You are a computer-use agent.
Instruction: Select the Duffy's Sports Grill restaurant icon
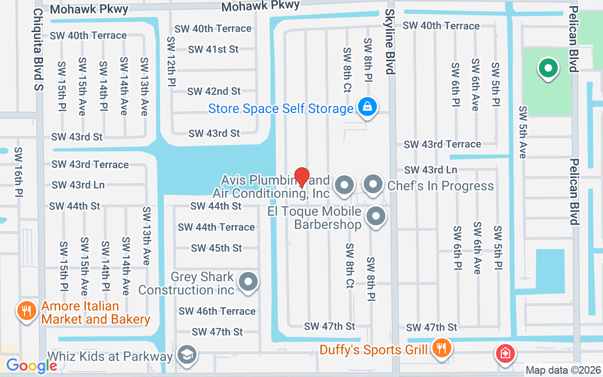pyautogui.click(x=441, y=349)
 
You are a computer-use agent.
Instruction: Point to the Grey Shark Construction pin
pyautogui.click(x=248, y=282)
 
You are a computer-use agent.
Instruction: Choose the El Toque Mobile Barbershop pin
pyautogui.click(x=375, y=217)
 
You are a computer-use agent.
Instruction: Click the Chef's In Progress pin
pyautogui.click(x=374, y=184)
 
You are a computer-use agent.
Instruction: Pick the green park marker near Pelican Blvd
pyautogui.click(x=548, y=69)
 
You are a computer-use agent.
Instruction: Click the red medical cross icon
pyautogui.click(x=505, y=353)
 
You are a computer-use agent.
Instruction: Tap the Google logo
pyautogui.click(x=32, y=365)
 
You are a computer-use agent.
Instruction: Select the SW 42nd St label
pyautogui.click(x=214, y=91)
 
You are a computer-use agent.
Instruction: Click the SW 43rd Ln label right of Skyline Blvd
pyautogui.click(x=431, y=170)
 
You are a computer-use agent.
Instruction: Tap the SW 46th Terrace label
pyautogui.click(x=217, y=311)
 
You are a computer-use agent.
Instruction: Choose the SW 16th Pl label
pyautogui.click(x=19, y=172)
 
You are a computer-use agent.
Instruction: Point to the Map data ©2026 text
pyautogui.click(x=563, y=370)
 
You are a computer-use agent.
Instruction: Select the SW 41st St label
pyautogui.click(x=213, y=49)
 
